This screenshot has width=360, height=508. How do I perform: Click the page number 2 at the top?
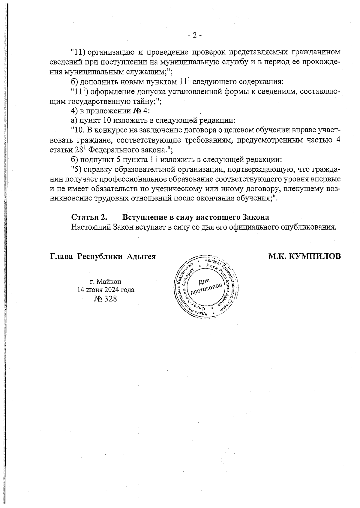195,36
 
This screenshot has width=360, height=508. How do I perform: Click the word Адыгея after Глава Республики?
141,257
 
